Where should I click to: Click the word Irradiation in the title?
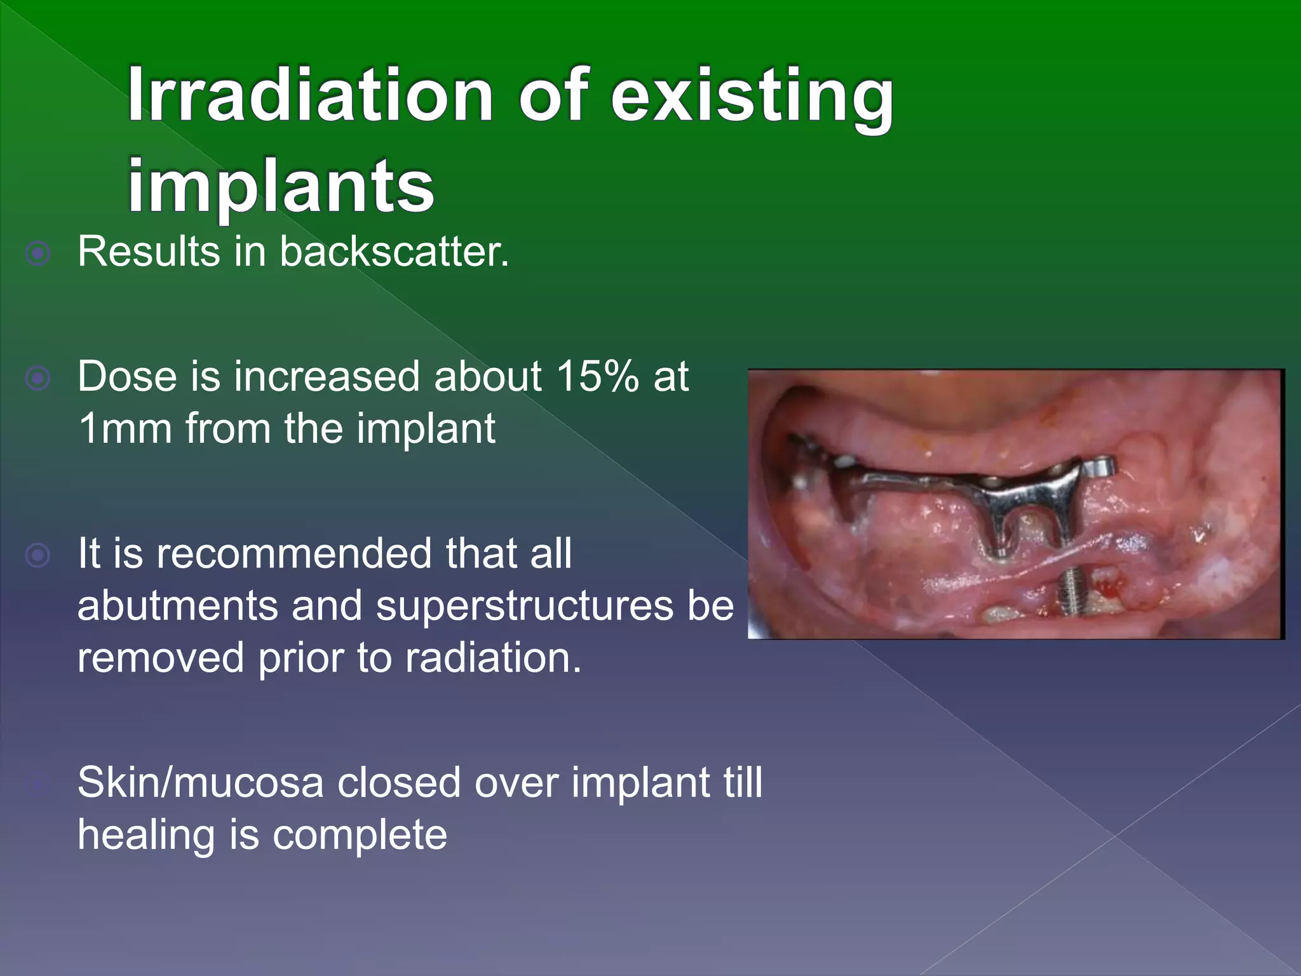[310, 95]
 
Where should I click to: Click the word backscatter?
[394, 252]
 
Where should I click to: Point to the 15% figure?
[598, 377]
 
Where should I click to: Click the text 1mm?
[125, 429]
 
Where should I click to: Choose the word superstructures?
[523, 607]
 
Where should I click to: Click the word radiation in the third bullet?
[492, 658]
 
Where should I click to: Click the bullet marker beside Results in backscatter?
[38, 254]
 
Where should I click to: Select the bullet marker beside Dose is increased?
[38, 379]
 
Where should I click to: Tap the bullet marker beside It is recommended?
[38, 556]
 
